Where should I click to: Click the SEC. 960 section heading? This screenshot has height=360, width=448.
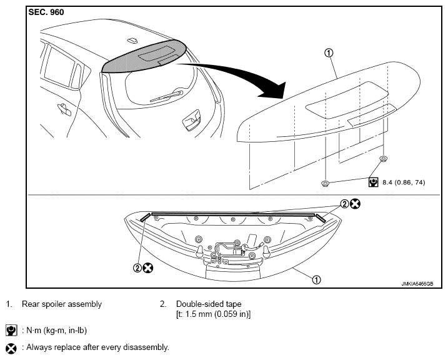[46, 12]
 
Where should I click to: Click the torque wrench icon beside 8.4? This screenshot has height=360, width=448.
[373, 182]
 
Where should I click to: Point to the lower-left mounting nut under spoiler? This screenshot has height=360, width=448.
[325, 183]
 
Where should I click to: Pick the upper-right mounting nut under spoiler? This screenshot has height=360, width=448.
[383, 158]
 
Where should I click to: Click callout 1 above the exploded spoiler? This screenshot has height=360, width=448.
[329, 53]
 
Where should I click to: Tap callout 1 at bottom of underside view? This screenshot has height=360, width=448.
[316, 280]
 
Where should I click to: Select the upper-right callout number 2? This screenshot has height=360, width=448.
[344, 204]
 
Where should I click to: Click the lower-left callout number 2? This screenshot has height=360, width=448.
[137, 268]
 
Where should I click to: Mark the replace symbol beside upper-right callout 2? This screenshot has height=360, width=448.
[355, 204]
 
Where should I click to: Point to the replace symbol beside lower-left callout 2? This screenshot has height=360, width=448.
[147, 268]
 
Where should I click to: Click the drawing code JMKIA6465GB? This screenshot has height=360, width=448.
[417, 284]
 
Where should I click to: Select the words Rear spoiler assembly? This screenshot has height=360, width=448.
[62, 304]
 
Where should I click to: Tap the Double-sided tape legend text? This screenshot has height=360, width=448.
[209, 304]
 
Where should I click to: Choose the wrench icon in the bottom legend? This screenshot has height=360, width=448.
[11, 330]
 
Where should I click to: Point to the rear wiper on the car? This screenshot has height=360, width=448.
[166, 96]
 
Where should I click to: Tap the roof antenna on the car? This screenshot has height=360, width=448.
[132, 40]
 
